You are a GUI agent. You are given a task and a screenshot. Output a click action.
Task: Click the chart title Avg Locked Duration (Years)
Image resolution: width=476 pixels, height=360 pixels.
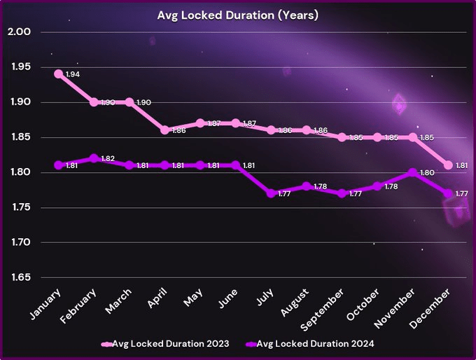[x=237, y=15]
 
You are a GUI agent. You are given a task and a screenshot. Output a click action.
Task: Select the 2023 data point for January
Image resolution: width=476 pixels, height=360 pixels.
[x=58, y=74]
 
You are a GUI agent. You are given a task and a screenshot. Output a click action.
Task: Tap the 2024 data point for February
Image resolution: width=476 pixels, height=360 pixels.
[x=94, y=158]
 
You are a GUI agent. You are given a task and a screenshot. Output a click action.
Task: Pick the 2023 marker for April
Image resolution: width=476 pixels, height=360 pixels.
[x=164, y=130]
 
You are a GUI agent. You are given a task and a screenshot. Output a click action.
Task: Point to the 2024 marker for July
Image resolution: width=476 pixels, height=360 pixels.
[x=271, y=193]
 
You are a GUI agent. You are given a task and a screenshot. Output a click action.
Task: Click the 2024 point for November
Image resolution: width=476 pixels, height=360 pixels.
[x=413, y=172]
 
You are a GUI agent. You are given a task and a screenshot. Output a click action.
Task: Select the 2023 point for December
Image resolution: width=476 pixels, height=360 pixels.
[x=448, y=165]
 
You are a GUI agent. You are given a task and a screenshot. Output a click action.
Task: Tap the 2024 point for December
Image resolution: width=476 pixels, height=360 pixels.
[x=448, y=193]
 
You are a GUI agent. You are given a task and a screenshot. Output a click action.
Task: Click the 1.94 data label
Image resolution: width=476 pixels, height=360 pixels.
[x=73, y=74]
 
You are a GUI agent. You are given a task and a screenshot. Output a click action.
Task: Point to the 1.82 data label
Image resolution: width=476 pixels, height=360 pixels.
[x=108, y=159]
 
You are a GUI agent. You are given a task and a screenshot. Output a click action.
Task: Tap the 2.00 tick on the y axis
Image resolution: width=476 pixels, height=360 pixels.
[x=20, y=32]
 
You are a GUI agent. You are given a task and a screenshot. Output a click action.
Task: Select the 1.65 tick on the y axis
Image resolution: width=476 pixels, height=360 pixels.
[x=20, y=278]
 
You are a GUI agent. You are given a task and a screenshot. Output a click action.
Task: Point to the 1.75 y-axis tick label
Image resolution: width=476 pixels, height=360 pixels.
[x=20, y=208]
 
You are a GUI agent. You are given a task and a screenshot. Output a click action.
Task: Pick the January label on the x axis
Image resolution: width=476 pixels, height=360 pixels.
[x=46, y=303]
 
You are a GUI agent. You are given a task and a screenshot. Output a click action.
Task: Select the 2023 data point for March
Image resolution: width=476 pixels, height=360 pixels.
[x=129, y=102]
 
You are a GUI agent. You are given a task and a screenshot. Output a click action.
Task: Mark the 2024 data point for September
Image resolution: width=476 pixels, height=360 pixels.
[x=342, y=193]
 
